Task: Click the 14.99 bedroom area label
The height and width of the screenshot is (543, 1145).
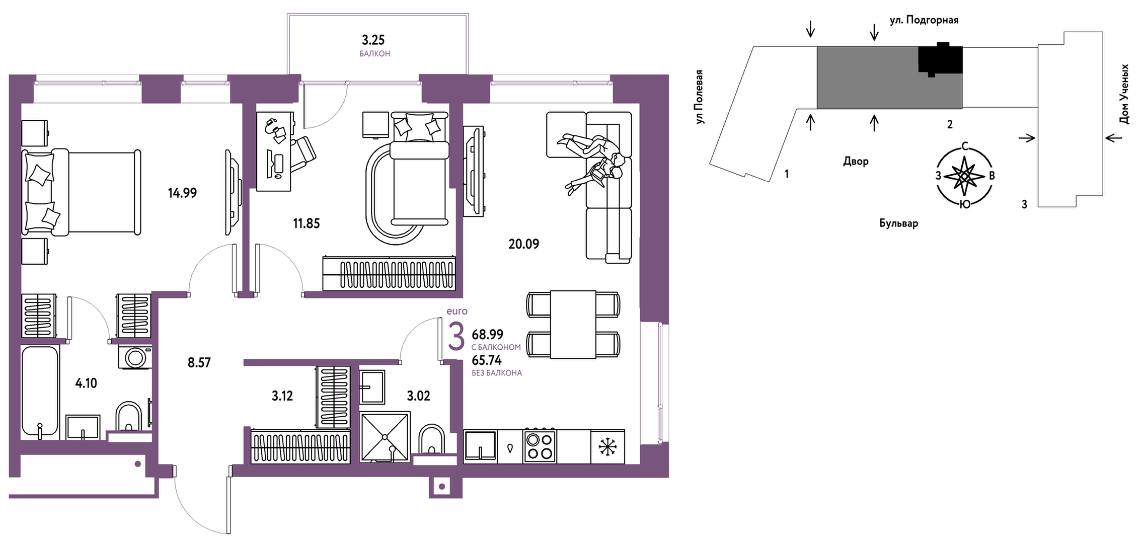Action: click(182, 193)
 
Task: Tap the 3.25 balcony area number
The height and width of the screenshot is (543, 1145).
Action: click(373, 40)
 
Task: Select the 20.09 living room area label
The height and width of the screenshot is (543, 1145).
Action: click(523, 244)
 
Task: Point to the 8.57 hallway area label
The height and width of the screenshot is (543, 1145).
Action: click(199, 363)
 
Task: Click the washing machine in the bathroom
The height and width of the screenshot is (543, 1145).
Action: click(135, 357)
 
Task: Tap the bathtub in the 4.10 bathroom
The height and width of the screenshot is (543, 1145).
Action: click(40, 392)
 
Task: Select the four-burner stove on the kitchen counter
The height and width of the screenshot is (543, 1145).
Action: click(540, 446)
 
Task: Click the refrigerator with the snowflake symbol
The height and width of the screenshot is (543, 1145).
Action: click(607, 446)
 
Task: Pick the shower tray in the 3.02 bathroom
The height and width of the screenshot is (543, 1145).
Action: click(385, 437)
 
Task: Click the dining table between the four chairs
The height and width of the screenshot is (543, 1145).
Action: click(573, 325)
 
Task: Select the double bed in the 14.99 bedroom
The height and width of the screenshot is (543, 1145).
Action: click(81, 192)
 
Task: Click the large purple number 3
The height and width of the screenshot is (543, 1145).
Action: click(456, 337)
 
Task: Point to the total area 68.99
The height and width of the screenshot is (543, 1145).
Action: click(487, 334)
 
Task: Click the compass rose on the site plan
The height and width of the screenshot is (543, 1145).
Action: click(964, 176)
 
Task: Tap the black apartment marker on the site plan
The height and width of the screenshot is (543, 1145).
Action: click(940, 58)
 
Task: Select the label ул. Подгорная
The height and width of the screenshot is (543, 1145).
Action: click(924, 20)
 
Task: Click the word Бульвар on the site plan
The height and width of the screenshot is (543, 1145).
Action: click(899, 223)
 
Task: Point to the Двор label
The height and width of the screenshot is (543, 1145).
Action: click(856, 162)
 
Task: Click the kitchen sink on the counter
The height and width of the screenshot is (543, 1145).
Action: click(480, 446)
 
